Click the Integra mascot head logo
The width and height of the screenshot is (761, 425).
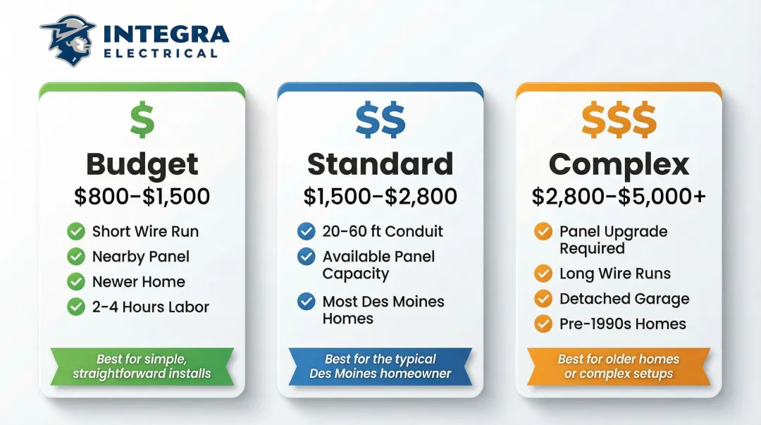pos(68,40)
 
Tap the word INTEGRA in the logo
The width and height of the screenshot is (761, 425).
pos(166,35)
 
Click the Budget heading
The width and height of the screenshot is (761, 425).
pos(142,164)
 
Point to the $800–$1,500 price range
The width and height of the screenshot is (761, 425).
pos(142,197)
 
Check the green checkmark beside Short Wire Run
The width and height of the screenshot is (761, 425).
pos(76,231)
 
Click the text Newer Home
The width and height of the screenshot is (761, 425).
pos(138,282)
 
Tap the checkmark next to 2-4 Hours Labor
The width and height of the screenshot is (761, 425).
pos(76,307)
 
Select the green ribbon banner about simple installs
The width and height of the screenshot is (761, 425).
pos(142,366)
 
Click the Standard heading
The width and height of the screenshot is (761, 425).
pos(380,164)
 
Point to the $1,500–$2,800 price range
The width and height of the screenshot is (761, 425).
pos(380,197)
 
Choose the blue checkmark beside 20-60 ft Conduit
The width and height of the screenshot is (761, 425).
pos(307,231)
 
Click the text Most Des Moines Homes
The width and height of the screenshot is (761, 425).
pos(383,310)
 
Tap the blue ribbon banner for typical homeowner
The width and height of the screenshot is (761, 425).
pos(380,366)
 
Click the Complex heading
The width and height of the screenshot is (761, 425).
pos(619,164)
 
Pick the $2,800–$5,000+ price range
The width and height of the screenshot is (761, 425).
pos(619,197)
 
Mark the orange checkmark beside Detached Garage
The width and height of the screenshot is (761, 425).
pos(543,299)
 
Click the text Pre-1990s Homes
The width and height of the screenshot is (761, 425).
pos(622,324)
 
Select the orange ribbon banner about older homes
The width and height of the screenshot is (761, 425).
pos(619,366)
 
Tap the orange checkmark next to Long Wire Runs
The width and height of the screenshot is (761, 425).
pos(543,273)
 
